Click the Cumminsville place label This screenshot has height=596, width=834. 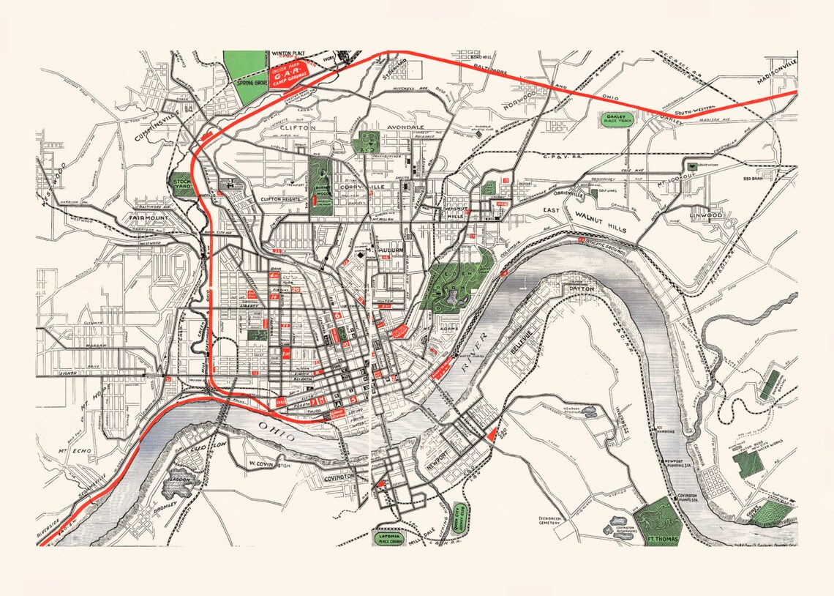(156, 127)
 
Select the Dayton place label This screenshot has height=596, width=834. (580, 288)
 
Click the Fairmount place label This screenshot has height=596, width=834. (149, 218)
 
